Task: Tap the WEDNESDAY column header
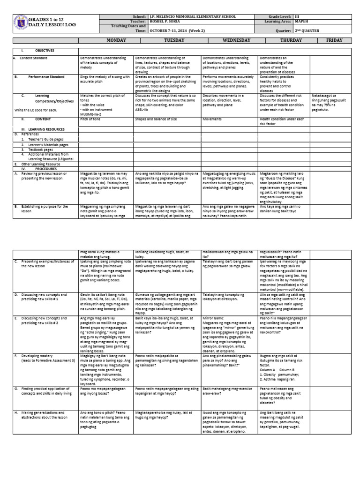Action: (x=230, y=41)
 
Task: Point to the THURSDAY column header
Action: (x=291, y=41)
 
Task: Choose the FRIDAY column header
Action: (x=334, y=41)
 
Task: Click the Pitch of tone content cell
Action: (x=91, y=119)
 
